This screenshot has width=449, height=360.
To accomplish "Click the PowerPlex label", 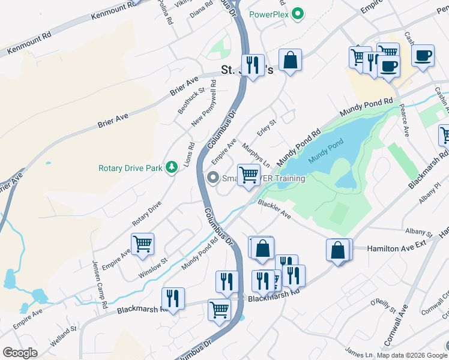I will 269,14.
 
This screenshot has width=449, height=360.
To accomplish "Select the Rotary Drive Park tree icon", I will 171,167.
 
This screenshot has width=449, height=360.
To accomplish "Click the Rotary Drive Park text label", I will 130,169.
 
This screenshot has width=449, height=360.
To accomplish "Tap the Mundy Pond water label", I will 326,151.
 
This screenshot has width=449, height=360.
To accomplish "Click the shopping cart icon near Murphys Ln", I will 248,175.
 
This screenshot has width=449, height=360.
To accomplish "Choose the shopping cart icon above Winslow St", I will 142,244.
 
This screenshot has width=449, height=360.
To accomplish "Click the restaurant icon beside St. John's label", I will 253,64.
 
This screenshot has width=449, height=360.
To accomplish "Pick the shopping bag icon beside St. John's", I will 290,60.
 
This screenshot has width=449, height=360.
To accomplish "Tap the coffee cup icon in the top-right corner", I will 423,56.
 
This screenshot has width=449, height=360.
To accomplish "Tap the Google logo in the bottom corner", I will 20,352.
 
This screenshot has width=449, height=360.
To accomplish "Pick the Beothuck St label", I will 191,100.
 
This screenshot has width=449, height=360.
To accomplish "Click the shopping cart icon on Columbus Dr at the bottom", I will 219,310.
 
